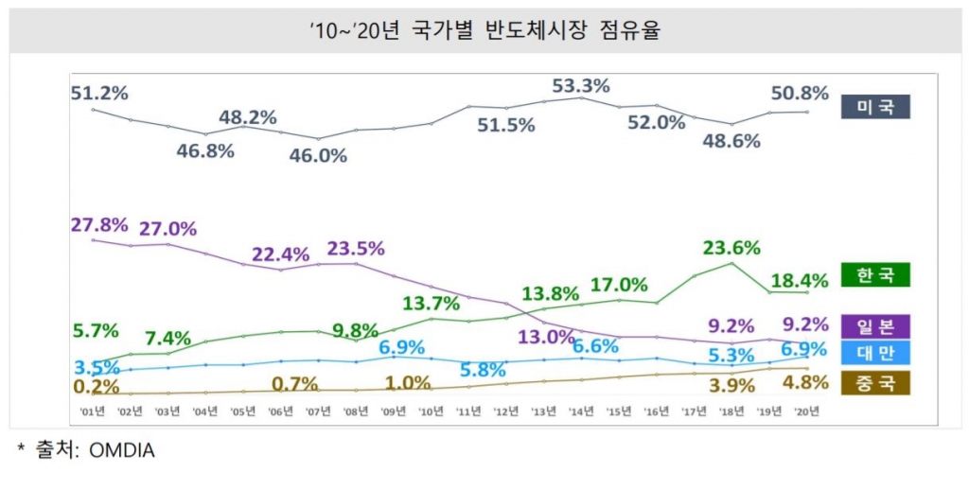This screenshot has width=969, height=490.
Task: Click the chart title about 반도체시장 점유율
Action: point(484,30)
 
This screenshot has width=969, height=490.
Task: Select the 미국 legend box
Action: point(874,107)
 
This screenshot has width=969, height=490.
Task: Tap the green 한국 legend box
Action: point(874,275)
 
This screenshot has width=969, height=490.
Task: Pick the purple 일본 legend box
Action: point(874,325)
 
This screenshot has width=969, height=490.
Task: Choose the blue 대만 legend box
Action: point(874,353)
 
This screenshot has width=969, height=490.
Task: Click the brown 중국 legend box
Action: point(874,382)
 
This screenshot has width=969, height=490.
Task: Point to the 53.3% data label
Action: point(580,86)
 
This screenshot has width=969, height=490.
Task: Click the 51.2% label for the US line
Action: point(99,93)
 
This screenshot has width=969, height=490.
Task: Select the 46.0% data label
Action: point(318,155)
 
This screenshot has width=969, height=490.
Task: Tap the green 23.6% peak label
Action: point(731,248)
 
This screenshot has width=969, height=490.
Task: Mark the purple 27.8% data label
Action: point(99,225)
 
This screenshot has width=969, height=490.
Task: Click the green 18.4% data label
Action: point(800,280)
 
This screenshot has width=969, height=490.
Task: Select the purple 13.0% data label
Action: point(546,336)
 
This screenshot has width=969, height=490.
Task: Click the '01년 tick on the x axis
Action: point(93,411)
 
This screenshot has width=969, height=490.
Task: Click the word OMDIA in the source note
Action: point(122,451)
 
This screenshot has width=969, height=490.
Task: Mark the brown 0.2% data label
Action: point(95,387)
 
